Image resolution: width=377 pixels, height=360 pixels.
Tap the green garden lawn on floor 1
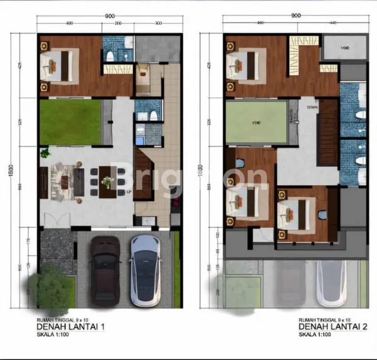pos(70,122)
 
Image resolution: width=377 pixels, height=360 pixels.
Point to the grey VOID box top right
pos(344,48)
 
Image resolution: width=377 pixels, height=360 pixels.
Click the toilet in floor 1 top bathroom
pos(111,56)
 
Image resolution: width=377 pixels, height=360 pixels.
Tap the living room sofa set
pos(65,180)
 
